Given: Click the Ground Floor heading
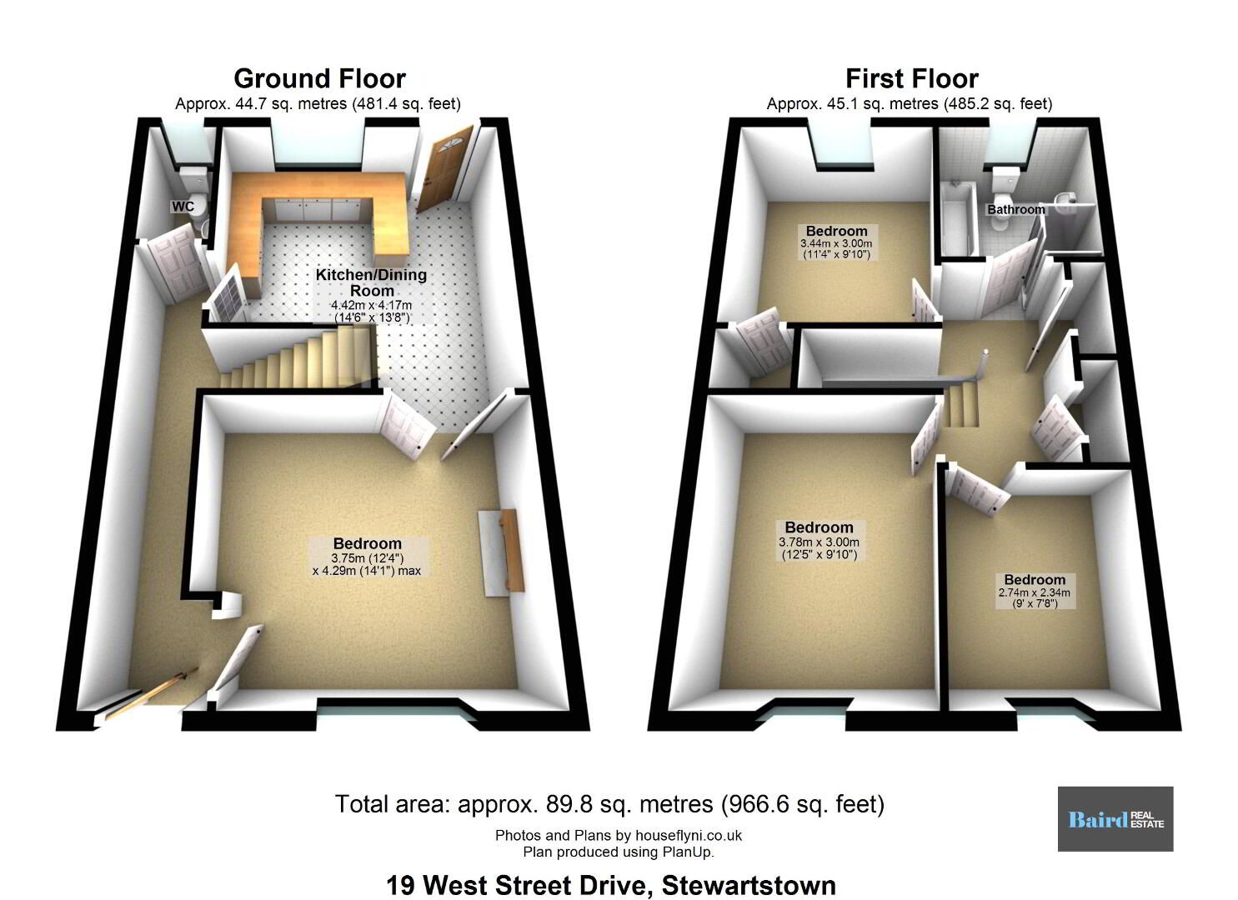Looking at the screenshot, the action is click(319, 78).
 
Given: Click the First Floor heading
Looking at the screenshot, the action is click(912, 78).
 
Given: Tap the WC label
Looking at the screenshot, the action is click(183, 207).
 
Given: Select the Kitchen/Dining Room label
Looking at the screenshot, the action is click(372, 282).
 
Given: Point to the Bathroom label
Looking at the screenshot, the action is click(1015, 209).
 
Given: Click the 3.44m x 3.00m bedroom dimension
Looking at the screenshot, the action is click(836, 248).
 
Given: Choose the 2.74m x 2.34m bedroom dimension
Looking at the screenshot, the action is click(1035, 597).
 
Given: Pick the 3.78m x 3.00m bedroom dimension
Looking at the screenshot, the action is click(819, 548).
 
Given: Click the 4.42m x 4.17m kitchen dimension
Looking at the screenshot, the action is click(372, 311).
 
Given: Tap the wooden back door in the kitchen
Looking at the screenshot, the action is click(444, 168).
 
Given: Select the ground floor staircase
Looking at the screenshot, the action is click(298, 357).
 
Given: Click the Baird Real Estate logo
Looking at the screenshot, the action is click(1115, 819).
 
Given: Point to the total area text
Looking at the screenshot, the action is click(609, 804).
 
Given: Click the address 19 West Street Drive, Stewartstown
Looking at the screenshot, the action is click(611, 885).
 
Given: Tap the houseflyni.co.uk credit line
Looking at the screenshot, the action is click(619, 835).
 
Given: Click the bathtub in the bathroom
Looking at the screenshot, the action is click(957, 221).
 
